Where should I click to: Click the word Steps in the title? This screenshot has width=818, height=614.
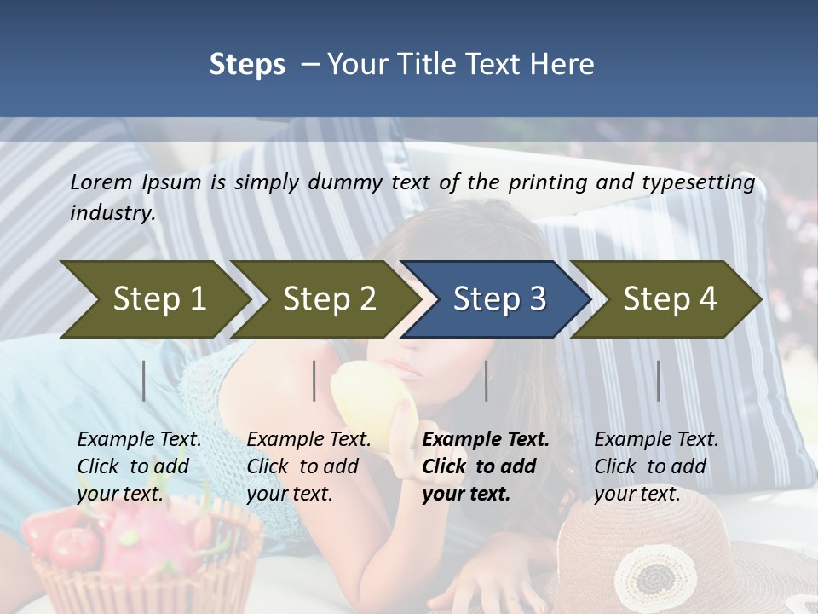pos(247,65)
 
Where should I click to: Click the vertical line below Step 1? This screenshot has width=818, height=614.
pos(144,380)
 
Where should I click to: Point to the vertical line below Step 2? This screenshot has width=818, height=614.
pos(314,380)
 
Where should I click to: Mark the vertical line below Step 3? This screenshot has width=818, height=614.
pos(487,380)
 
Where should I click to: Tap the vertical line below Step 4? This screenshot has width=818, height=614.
pos(658,380)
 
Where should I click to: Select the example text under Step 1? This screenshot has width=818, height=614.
pos(139,466)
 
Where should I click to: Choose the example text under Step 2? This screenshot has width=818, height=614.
pos(308,466)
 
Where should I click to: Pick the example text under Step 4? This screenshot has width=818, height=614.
pos(656,466)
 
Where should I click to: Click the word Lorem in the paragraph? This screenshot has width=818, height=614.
pos(101,182)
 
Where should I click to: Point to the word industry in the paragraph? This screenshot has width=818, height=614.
pos(112,213)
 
